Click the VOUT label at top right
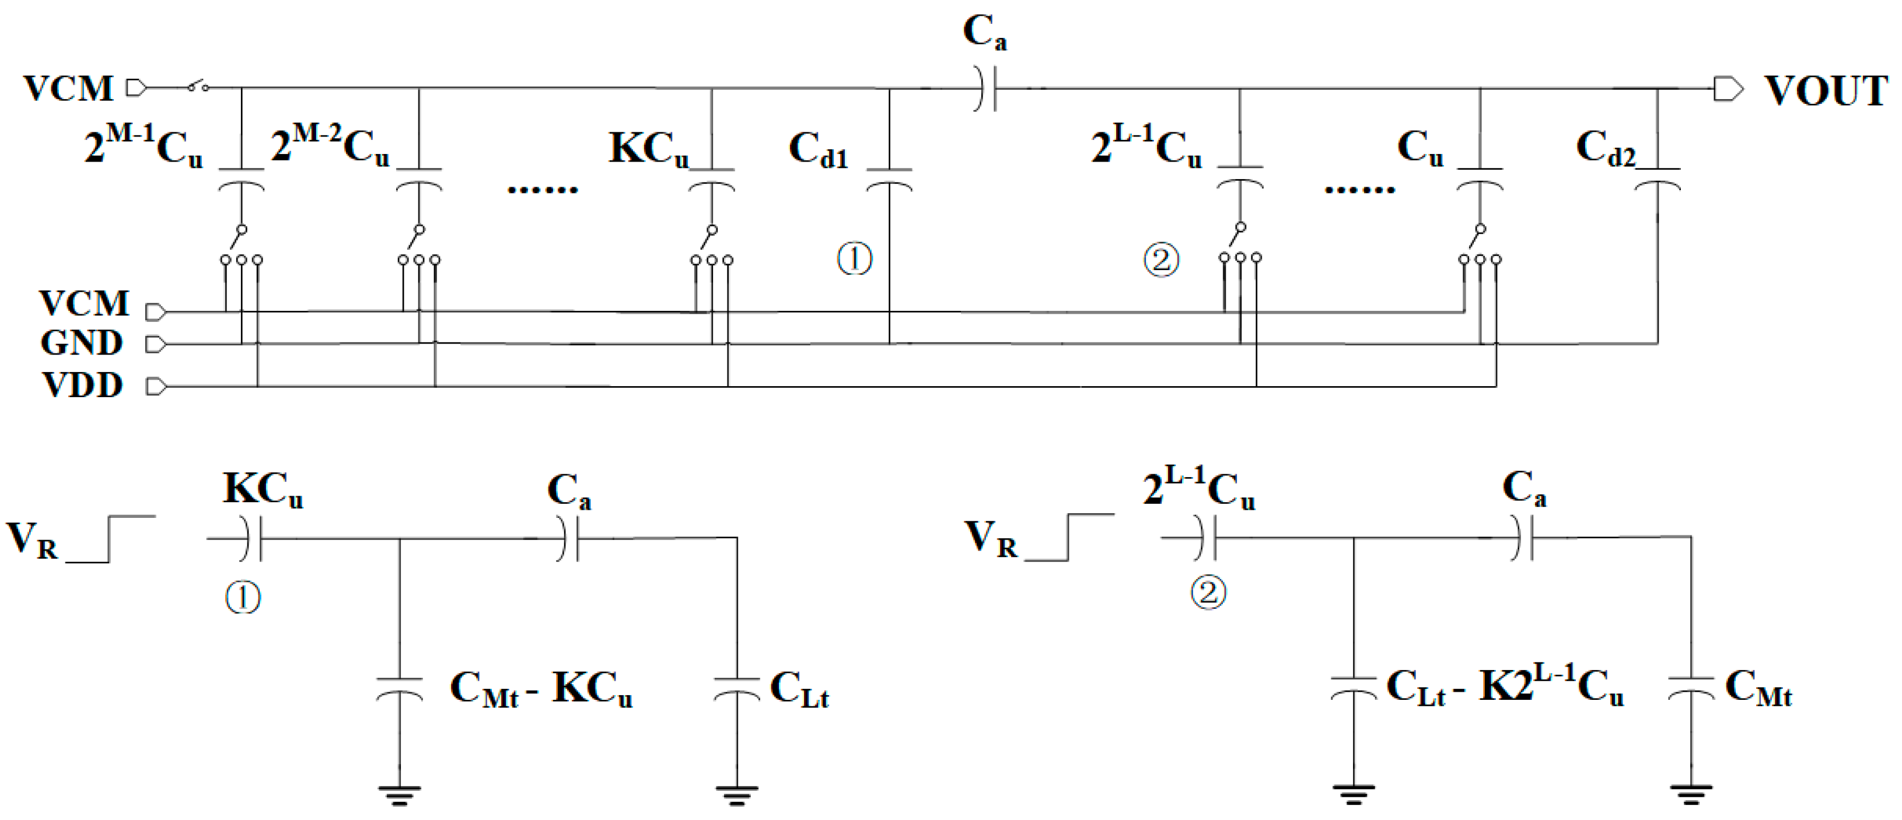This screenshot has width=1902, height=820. (x=1824, y=92)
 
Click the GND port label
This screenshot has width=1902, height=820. (x=81, y=343)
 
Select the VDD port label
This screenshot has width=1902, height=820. (x=82, y=386)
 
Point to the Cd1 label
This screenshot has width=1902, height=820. (x=818, y=150)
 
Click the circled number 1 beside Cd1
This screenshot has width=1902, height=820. (x=854, y=259)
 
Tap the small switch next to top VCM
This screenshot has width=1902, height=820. (x=197, y=86)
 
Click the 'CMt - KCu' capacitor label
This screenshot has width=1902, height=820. (x=540, y=690)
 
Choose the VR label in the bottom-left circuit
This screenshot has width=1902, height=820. (x=32, y=539)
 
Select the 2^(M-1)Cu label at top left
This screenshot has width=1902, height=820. (x=142, y=145)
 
